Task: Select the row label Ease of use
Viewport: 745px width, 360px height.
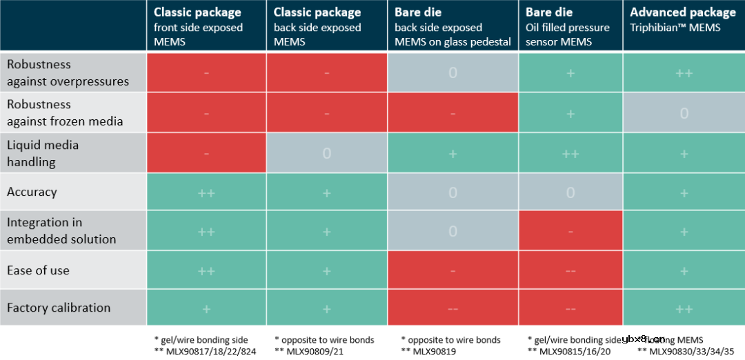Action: click(x=39, y=270)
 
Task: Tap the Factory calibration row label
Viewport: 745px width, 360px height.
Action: click(x=59, y=308)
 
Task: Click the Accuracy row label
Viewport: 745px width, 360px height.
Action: click(x=32, y=192)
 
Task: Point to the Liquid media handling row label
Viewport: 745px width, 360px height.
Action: click(x=43, y=153)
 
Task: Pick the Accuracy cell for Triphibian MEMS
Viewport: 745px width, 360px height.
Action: click(x=684, y=192)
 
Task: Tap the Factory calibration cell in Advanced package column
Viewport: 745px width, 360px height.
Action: click(x=684, y=308)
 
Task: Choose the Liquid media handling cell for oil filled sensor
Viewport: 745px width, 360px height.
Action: click(x=570, y=154)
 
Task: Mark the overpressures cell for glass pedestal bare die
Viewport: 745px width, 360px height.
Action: click(x=453, y=72)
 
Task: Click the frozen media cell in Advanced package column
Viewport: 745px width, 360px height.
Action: click(x=684, y=113)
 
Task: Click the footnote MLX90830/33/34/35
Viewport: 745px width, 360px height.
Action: click(x=691, y=351)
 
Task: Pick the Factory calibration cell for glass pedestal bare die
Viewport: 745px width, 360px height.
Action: click(x=453, y=308)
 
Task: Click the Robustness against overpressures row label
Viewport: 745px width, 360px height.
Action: click(x=68, y=72)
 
